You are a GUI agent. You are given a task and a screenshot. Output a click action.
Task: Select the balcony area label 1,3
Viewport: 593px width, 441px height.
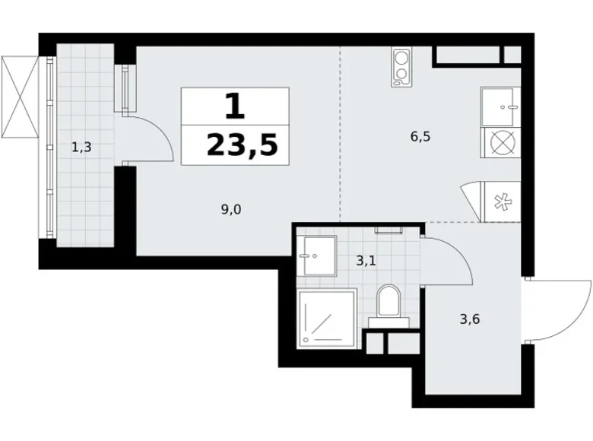coord(81,148)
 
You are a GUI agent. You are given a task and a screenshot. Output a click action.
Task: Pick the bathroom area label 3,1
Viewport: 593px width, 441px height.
coord(366,262)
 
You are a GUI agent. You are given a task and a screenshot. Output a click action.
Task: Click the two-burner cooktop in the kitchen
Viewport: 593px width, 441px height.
coord(401,67)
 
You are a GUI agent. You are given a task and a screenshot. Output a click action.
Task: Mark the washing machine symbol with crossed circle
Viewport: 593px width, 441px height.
coord(500,144)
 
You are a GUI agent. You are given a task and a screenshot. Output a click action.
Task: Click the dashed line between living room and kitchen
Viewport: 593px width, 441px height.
coord(340,137)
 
